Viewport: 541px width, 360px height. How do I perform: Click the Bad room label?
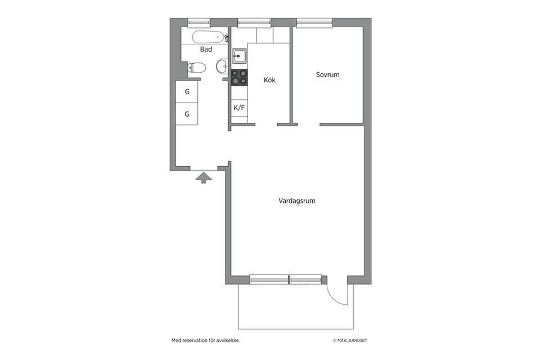(x=206, y=50)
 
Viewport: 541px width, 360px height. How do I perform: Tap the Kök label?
(x=269, y=79)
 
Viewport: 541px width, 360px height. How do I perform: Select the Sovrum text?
(x=327, y=74)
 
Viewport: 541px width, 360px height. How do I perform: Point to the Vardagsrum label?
(x=297, y=201)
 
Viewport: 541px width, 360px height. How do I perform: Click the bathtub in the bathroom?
(x=208, y=37)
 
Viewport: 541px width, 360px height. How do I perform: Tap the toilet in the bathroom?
(x=196, y=68)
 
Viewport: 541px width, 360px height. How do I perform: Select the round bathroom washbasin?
(x=222, y=65)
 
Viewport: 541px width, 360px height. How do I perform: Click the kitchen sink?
(x=239, y=56)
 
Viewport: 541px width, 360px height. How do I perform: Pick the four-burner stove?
(x=239, y=77)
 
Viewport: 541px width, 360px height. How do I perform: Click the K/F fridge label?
(x=239, y=108)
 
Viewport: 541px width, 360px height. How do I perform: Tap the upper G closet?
(x=187, y=92)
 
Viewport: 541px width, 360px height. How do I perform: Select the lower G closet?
(x=187, y=114)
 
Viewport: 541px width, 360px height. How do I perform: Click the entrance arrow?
(x=203, y=177)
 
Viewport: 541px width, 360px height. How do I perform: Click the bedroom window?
(x=314, y=23)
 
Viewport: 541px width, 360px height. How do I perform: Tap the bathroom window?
(x=199, y=23)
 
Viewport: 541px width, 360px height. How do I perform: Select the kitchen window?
(x=254, y=23)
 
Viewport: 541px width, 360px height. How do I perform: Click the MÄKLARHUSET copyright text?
(x=350, y=340)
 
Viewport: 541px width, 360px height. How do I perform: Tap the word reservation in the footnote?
(x=196, y=340)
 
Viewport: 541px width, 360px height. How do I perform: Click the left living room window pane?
(x=269, y=279)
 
